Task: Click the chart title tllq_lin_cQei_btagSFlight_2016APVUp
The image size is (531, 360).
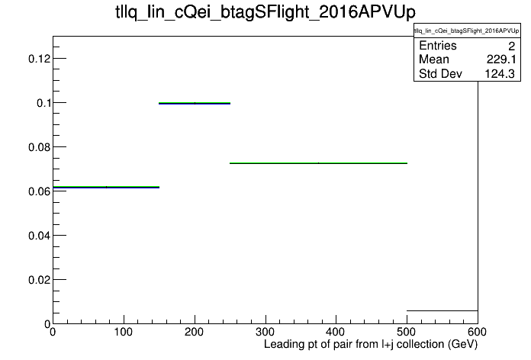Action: [265, 12]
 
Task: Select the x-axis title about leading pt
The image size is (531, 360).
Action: [371, 345]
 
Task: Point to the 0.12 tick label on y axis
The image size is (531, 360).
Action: [39, 59]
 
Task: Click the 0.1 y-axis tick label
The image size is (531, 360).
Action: [43, 103]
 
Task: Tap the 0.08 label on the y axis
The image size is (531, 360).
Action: [39, 147]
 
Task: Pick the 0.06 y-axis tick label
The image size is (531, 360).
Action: [39, 191]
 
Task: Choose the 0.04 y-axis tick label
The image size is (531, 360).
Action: [39, 236]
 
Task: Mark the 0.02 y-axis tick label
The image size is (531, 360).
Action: [39, 280]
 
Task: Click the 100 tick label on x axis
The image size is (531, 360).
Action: [124, 332]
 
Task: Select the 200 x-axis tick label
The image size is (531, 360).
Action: [194, 332]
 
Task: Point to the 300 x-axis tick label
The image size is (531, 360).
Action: [265, 332]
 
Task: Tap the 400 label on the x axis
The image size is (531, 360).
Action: [336, 332]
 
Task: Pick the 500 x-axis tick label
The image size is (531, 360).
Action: [407, 332]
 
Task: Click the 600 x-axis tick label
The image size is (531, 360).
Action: [477, 332]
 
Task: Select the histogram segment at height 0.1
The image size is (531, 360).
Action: [195, 103]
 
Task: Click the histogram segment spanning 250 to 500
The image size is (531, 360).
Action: [318, 163]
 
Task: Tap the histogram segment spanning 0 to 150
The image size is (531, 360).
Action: [106, 187]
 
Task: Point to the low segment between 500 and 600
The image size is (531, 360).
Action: [443, 310]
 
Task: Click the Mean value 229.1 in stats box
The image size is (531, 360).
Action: [501, 59]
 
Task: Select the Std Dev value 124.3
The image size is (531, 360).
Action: [500, 74]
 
